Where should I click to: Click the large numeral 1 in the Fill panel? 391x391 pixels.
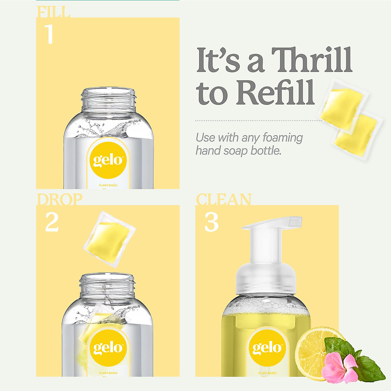[49, 34]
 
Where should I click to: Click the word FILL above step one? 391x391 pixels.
[53, 12]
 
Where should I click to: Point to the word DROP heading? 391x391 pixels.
[59, 200]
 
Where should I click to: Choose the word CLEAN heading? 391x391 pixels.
[224, 200]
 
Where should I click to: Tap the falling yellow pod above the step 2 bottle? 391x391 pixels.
[109, 239]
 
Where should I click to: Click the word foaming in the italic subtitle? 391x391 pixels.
[282, 138]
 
